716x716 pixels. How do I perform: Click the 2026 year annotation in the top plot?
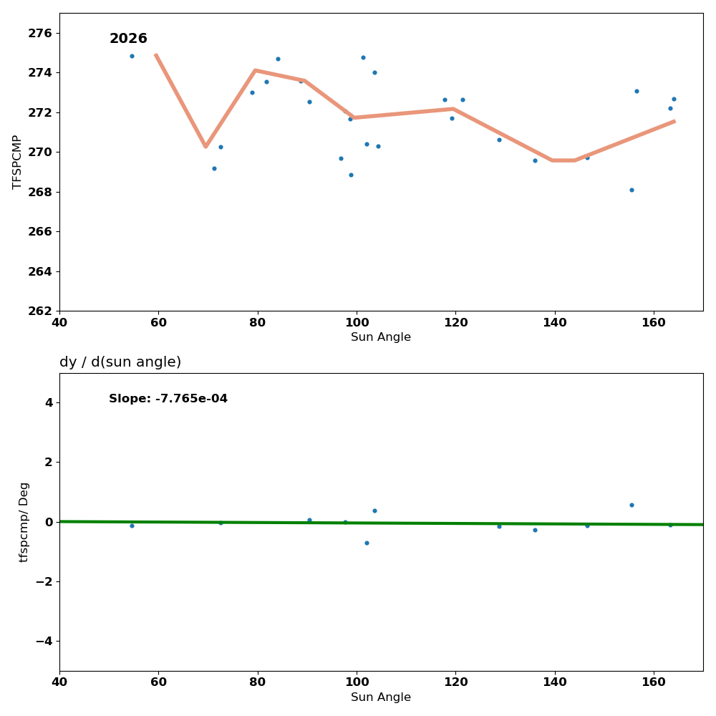pos(128,39)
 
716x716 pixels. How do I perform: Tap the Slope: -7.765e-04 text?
pos(168,399)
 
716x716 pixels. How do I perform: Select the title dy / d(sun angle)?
pos(120,362)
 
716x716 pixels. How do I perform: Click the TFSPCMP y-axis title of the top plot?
pos(17,162)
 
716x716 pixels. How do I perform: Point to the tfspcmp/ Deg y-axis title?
pos(24,522)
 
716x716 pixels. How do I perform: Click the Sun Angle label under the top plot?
pos(381,337)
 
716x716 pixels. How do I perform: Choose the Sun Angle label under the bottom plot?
pos(381,697)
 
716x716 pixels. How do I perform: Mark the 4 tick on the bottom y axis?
pos(48,402)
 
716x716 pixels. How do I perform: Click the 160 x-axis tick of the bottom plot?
pos(654,682)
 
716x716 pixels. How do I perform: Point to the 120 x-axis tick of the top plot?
pos(455,322)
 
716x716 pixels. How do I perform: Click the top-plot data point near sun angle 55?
pos(132,56)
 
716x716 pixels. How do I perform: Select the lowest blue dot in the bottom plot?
pos(367,543)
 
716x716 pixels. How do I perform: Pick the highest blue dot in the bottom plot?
pos(632,505)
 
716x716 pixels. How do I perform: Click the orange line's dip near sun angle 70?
pos(205,146)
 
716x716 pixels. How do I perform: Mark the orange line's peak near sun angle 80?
pos(255,70)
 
